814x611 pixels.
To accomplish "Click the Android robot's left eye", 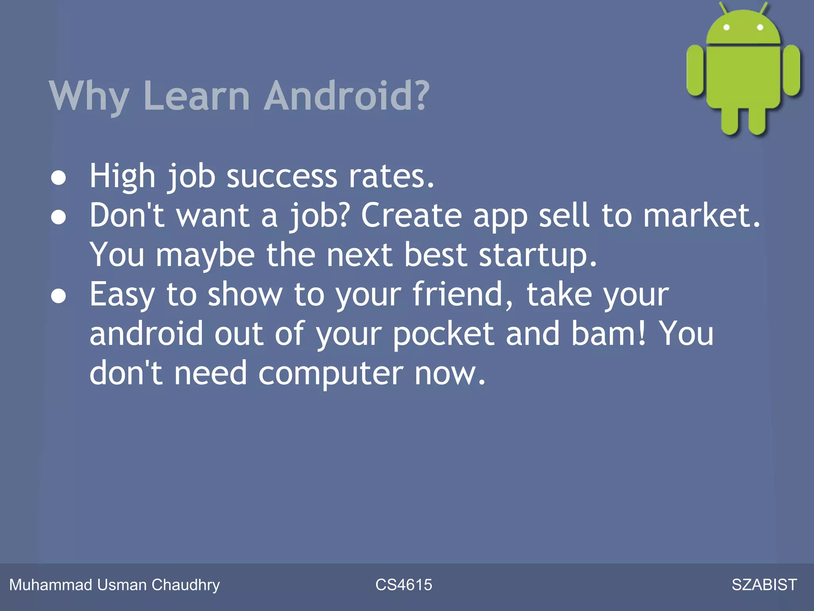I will coord(727,27).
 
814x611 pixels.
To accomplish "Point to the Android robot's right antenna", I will coord(764,8).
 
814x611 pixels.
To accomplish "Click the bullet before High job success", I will coord(58,177).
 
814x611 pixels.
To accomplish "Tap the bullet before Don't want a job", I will coord(58,217).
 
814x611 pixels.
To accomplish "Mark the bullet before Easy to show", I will coord(58,296).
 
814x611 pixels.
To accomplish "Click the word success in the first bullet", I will coord(282,176).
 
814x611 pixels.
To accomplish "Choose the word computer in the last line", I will coord(331,374).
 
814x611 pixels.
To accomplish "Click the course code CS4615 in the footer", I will coord(404,585).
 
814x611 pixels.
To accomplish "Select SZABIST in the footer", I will coord(764,585).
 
